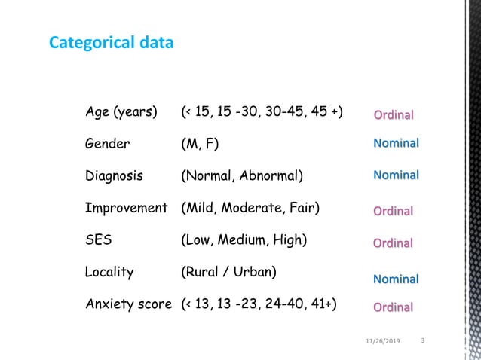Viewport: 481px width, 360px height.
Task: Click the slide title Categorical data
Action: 111,43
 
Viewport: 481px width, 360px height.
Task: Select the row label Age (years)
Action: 121,112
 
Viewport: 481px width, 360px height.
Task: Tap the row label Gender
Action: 107,144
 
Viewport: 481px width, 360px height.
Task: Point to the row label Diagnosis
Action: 114,176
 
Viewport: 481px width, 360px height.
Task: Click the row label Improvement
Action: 126,208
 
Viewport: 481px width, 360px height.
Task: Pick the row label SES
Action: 99,240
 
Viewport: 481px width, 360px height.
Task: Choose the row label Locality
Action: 109,272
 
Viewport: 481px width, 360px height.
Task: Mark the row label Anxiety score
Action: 128,304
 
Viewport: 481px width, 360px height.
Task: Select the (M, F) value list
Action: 201,144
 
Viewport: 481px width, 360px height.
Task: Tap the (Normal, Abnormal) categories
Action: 242,176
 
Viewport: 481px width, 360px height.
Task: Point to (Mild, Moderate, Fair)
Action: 250,208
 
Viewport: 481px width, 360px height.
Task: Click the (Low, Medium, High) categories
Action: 244,240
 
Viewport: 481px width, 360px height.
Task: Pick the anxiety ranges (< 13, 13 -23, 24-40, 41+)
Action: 259,304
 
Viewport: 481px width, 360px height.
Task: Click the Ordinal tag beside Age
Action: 394,115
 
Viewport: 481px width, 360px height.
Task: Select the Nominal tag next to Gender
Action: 396,143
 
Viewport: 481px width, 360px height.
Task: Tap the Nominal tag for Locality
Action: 396,279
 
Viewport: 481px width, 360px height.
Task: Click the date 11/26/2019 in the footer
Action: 382,341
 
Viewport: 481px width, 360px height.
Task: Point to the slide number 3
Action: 422,340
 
